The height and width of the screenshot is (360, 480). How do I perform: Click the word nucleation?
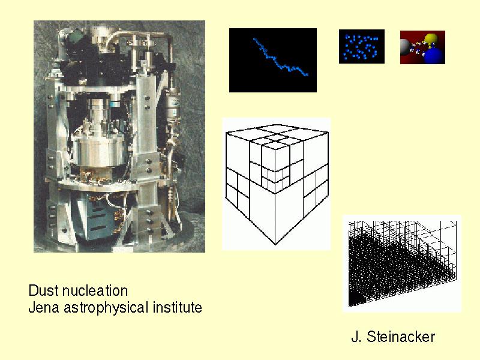click(x=95, y=290)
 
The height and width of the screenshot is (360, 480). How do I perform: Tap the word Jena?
click(x=43, y=307)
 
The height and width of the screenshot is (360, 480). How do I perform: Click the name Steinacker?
click(x=401, y=337)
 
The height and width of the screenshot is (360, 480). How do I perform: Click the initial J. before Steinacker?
click(x=356, y=337)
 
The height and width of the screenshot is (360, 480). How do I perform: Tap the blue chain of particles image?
click(x=273, y=61)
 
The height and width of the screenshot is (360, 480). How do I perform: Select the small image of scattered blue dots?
click(x=362, y=47)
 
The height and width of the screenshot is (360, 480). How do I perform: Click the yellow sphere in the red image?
click(x=431, y=39)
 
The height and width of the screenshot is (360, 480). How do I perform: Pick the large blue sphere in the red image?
click(x=434, y=55)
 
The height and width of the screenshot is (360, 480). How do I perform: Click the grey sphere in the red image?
click(x=406, y=47)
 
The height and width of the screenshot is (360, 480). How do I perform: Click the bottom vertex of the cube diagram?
click(x=275, y=245)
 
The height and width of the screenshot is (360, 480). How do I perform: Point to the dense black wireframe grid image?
click(x=402, y=263)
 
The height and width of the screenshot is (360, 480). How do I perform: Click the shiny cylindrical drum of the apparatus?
click(x=98, y=151)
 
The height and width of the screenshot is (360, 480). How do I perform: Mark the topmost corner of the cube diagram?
click(x=277, y=125)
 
